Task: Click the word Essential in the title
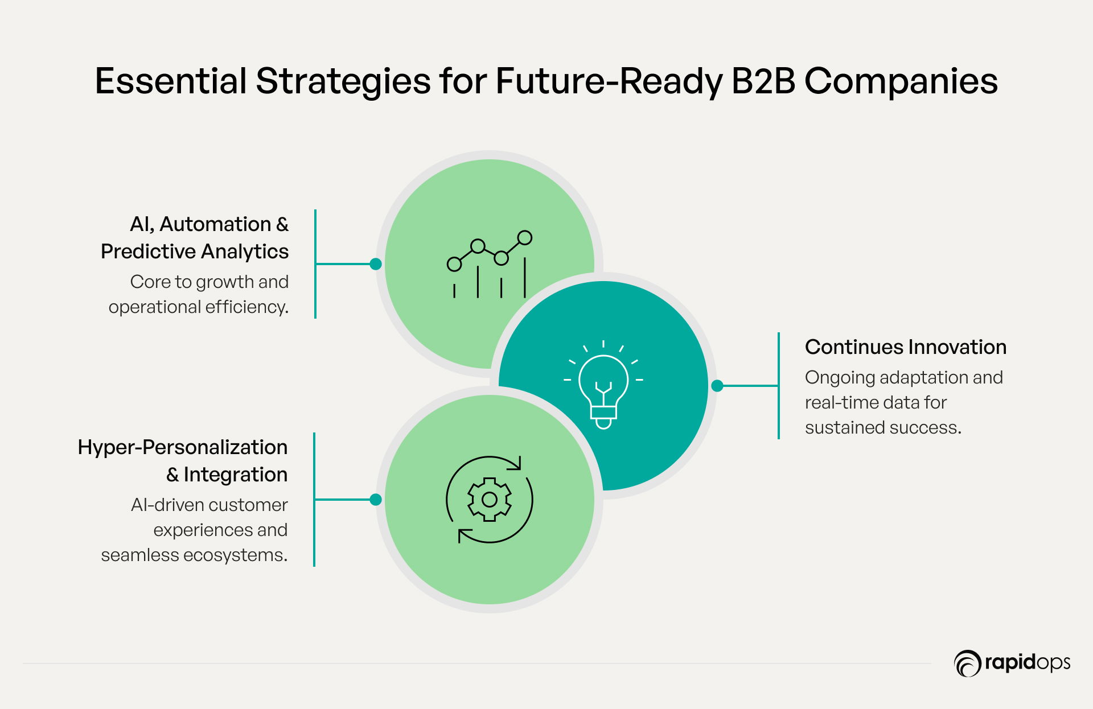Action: click(x=171, y=81)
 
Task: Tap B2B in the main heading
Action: click(x=763, y=81)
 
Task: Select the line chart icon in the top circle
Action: click(x=490, y=265)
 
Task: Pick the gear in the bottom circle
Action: click(x=490, y=500)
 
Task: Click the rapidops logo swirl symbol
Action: click(x=967, y=663)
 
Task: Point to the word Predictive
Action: click(x=149, y=252)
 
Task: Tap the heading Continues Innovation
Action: click(x=906, y=347)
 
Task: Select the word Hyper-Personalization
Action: click(x=183, y=447)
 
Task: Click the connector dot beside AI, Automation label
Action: click(x=376, y=264)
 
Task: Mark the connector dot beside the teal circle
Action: click(x=717, y=386)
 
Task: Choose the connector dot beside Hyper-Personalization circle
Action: click(x=376, y=500)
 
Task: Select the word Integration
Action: click(x=236, y=475)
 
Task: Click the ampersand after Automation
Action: click(x=282, y=224)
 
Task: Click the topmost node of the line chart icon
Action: click(x=525, y=237)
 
